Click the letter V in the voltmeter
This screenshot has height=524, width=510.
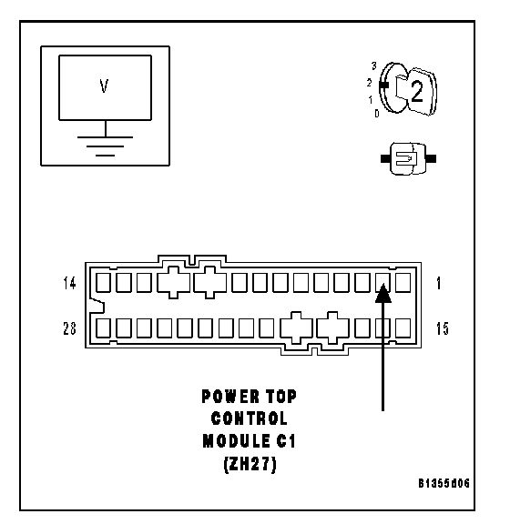[x=104, y=86]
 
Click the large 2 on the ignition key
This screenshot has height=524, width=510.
[x=416, y=91]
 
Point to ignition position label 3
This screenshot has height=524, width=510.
[x=373, y=65]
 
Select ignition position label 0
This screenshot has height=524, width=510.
[x=377, y=114]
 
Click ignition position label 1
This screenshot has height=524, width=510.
[x=371, y=99]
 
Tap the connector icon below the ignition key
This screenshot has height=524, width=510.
[x=408, y=158]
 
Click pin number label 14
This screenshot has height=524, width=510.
[x=69, y=283]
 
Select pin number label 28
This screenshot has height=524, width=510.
[x=69, y=328]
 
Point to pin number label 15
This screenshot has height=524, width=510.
[x=443, y=328]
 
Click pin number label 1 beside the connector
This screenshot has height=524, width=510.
[x=439, y=284]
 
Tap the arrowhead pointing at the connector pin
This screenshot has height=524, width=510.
[x=383, y=293]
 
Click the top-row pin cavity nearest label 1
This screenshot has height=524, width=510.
[x=403, y=282]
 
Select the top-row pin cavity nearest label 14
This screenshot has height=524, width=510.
[x=103, y=282]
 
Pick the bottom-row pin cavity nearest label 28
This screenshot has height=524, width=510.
[x=103, y=328]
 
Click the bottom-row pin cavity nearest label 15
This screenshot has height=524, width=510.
[x=403, y=328]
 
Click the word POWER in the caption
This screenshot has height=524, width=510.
[x=230, y=397]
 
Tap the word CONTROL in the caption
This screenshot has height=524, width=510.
[x=250, y=418]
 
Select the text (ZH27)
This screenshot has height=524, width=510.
[x=250, y=464]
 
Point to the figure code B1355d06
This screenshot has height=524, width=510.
[x=444, y=483]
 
